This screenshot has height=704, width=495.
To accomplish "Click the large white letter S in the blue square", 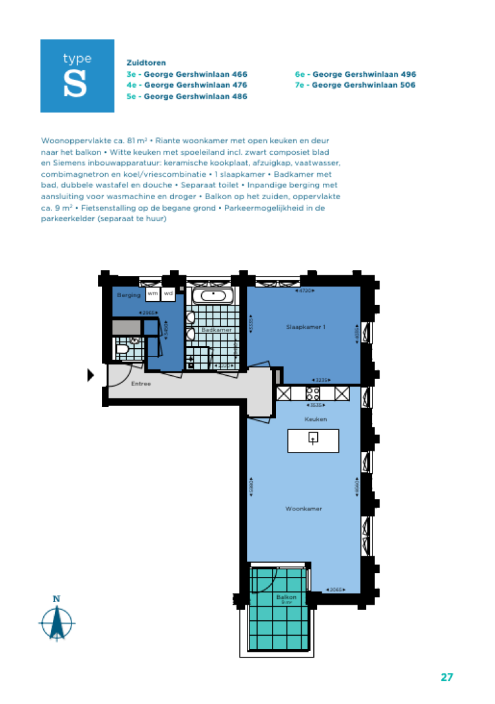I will (x=75, y=85).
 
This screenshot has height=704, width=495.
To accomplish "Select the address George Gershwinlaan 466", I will (x=187, y=74).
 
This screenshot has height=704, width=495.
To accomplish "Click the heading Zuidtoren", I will (x=146, y=63).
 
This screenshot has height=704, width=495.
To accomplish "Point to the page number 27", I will (x=447, y=677).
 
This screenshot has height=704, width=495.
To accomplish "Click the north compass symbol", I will (x=57, y=620).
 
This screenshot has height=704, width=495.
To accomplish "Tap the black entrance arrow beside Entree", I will (x=91, y=375).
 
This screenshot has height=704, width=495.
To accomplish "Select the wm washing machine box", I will (x=153, y=294).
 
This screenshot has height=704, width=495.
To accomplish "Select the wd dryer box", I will (x=168, y=294).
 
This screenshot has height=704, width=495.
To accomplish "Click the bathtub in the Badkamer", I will (x=212, y=296).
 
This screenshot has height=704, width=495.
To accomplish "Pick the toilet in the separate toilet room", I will (x=123, y=349).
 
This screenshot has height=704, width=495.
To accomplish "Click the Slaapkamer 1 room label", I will (x=306, y=327).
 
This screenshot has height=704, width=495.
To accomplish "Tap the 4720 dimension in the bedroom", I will (x=305, y=291).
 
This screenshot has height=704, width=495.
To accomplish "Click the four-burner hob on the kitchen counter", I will (x=313, y=393).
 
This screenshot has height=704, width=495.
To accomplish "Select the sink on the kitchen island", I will (x=313, y=439).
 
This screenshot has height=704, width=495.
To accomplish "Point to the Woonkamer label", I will (x=304, y=509).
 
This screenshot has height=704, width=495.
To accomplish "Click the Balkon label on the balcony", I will (x=286, y=597).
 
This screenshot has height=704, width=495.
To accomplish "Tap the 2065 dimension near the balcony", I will (x=336, y=589).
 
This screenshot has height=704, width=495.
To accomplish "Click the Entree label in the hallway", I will (x=141, y=384).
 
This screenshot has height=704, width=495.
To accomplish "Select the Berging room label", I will (x=129, y=295).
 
